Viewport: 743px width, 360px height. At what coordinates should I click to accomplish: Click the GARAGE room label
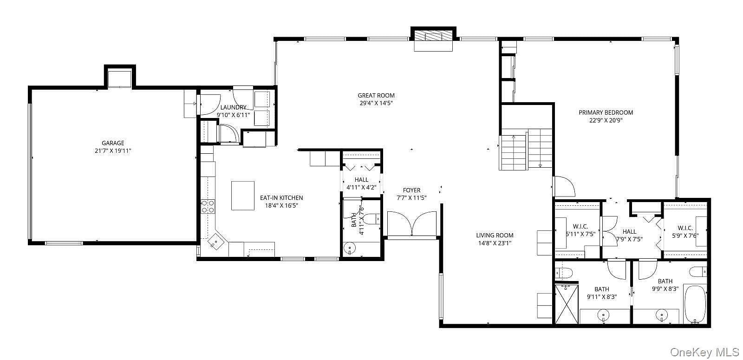113,143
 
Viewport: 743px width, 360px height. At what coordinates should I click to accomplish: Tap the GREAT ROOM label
376,96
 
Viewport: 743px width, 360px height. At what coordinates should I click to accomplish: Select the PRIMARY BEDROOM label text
606,112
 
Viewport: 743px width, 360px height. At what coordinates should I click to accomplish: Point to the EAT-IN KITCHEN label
281,198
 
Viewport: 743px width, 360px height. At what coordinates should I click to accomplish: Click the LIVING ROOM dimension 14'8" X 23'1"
495,243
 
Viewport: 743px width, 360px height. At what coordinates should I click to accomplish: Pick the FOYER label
411,190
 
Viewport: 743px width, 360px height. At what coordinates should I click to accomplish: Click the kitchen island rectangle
243,196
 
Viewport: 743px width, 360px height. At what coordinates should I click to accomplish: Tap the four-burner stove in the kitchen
208,206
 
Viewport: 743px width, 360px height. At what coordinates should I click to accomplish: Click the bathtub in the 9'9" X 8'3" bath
695,304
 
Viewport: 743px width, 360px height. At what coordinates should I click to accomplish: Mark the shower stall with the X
567,304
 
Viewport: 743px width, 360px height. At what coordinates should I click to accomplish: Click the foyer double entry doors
411,224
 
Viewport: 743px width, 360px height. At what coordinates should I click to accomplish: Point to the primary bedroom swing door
564,186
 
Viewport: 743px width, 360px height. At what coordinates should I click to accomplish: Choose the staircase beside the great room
526,149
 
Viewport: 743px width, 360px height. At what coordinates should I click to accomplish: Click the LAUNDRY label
233,107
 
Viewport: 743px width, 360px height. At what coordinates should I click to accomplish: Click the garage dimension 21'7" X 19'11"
113,151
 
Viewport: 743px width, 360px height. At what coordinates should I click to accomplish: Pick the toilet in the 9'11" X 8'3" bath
564,274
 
